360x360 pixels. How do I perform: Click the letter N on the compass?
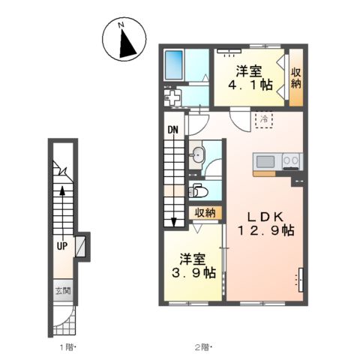[121, 25]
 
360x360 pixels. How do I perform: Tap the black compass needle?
[127, 44]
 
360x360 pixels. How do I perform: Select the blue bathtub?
[174, 64]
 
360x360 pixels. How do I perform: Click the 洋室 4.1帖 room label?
[250, 78]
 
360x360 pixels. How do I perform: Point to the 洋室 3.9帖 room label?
[193, 265]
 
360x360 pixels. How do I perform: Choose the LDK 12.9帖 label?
[265, 223]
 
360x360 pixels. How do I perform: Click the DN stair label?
[172, 130]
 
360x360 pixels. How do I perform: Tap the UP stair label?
[62, 246]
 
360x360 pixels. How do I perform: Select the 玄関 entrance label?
[63, 291]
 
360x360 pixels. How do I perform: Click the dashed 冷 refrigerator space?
[264, 120]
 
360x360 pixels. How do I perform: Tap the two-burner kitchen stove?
[291, 161]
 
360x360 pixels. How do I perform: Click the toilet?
[198, 190]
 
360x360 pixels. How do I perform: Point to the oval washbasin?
[198, 155]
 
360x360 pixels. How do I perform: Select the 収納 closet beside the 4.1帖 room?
[295, 77]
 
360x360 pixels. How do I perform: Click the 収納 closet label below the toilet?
[205, 213]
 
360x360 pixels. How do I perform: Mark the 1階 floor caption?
[67, 347]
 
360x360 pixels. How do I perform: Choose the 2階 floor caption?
[203, 347]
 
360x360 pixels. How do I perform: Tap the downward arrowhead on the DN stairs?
[174, 223]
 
